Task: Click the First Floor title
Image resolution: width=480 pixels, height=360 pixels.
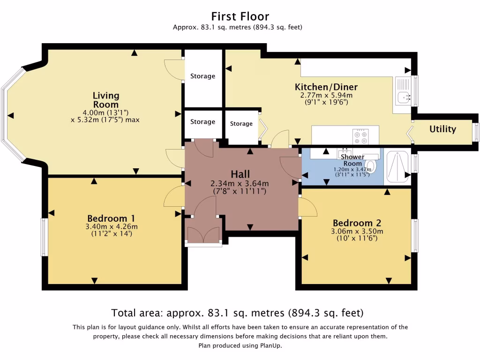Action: point(240,17)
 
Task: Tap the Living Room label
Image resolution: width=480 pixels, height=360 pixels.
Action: point(105,100)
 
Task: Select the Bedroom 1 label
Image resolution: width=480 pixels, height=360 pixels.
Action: point(111,218)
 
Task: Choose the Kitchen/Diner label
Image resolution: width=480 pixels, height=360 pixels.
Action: point(326,87)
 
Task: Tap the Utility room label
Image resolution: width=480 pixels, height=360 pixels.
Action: point(442,129)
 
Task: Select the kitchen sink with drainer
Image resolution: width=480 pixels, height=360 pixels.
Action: point(402,91)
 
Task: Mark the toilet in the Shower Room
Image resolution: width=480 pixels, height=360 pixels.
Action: point(371,165)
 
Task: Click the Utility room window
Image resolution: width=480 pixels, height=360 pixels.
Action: point(476,131)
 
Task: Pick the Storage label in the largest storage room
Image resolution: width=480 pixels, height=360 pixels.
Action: point(202,76)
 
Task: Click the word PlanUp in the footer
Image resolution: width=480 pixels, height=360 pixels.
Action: point(270,345)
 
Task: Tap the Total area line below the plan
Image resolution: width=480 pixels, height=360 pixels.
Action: point(237,313)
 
